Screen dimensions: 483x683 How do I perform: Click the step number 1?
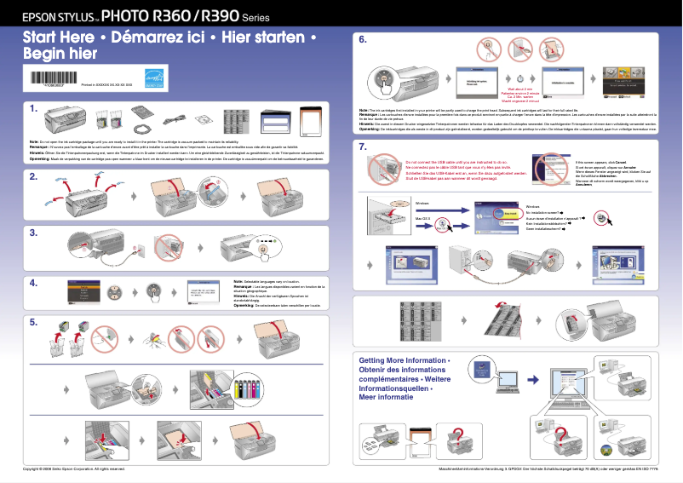coord(32,109)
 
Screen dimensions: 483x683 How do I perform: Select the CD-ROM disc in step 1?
coord(206,118)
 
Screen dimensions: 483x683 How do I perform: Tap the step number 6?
coord(363,39)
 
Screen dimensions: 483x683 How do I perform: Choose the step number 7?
coord(363,147)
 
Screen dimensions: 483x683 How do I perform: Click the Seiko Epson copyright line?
coord(74,469)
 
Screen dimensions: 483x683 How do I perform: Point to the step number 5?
coord(32,322)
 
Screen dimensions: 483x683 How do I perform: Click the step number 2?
coord(32,177)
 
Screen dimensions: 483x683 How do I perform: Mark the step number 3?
coord(32,232)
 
